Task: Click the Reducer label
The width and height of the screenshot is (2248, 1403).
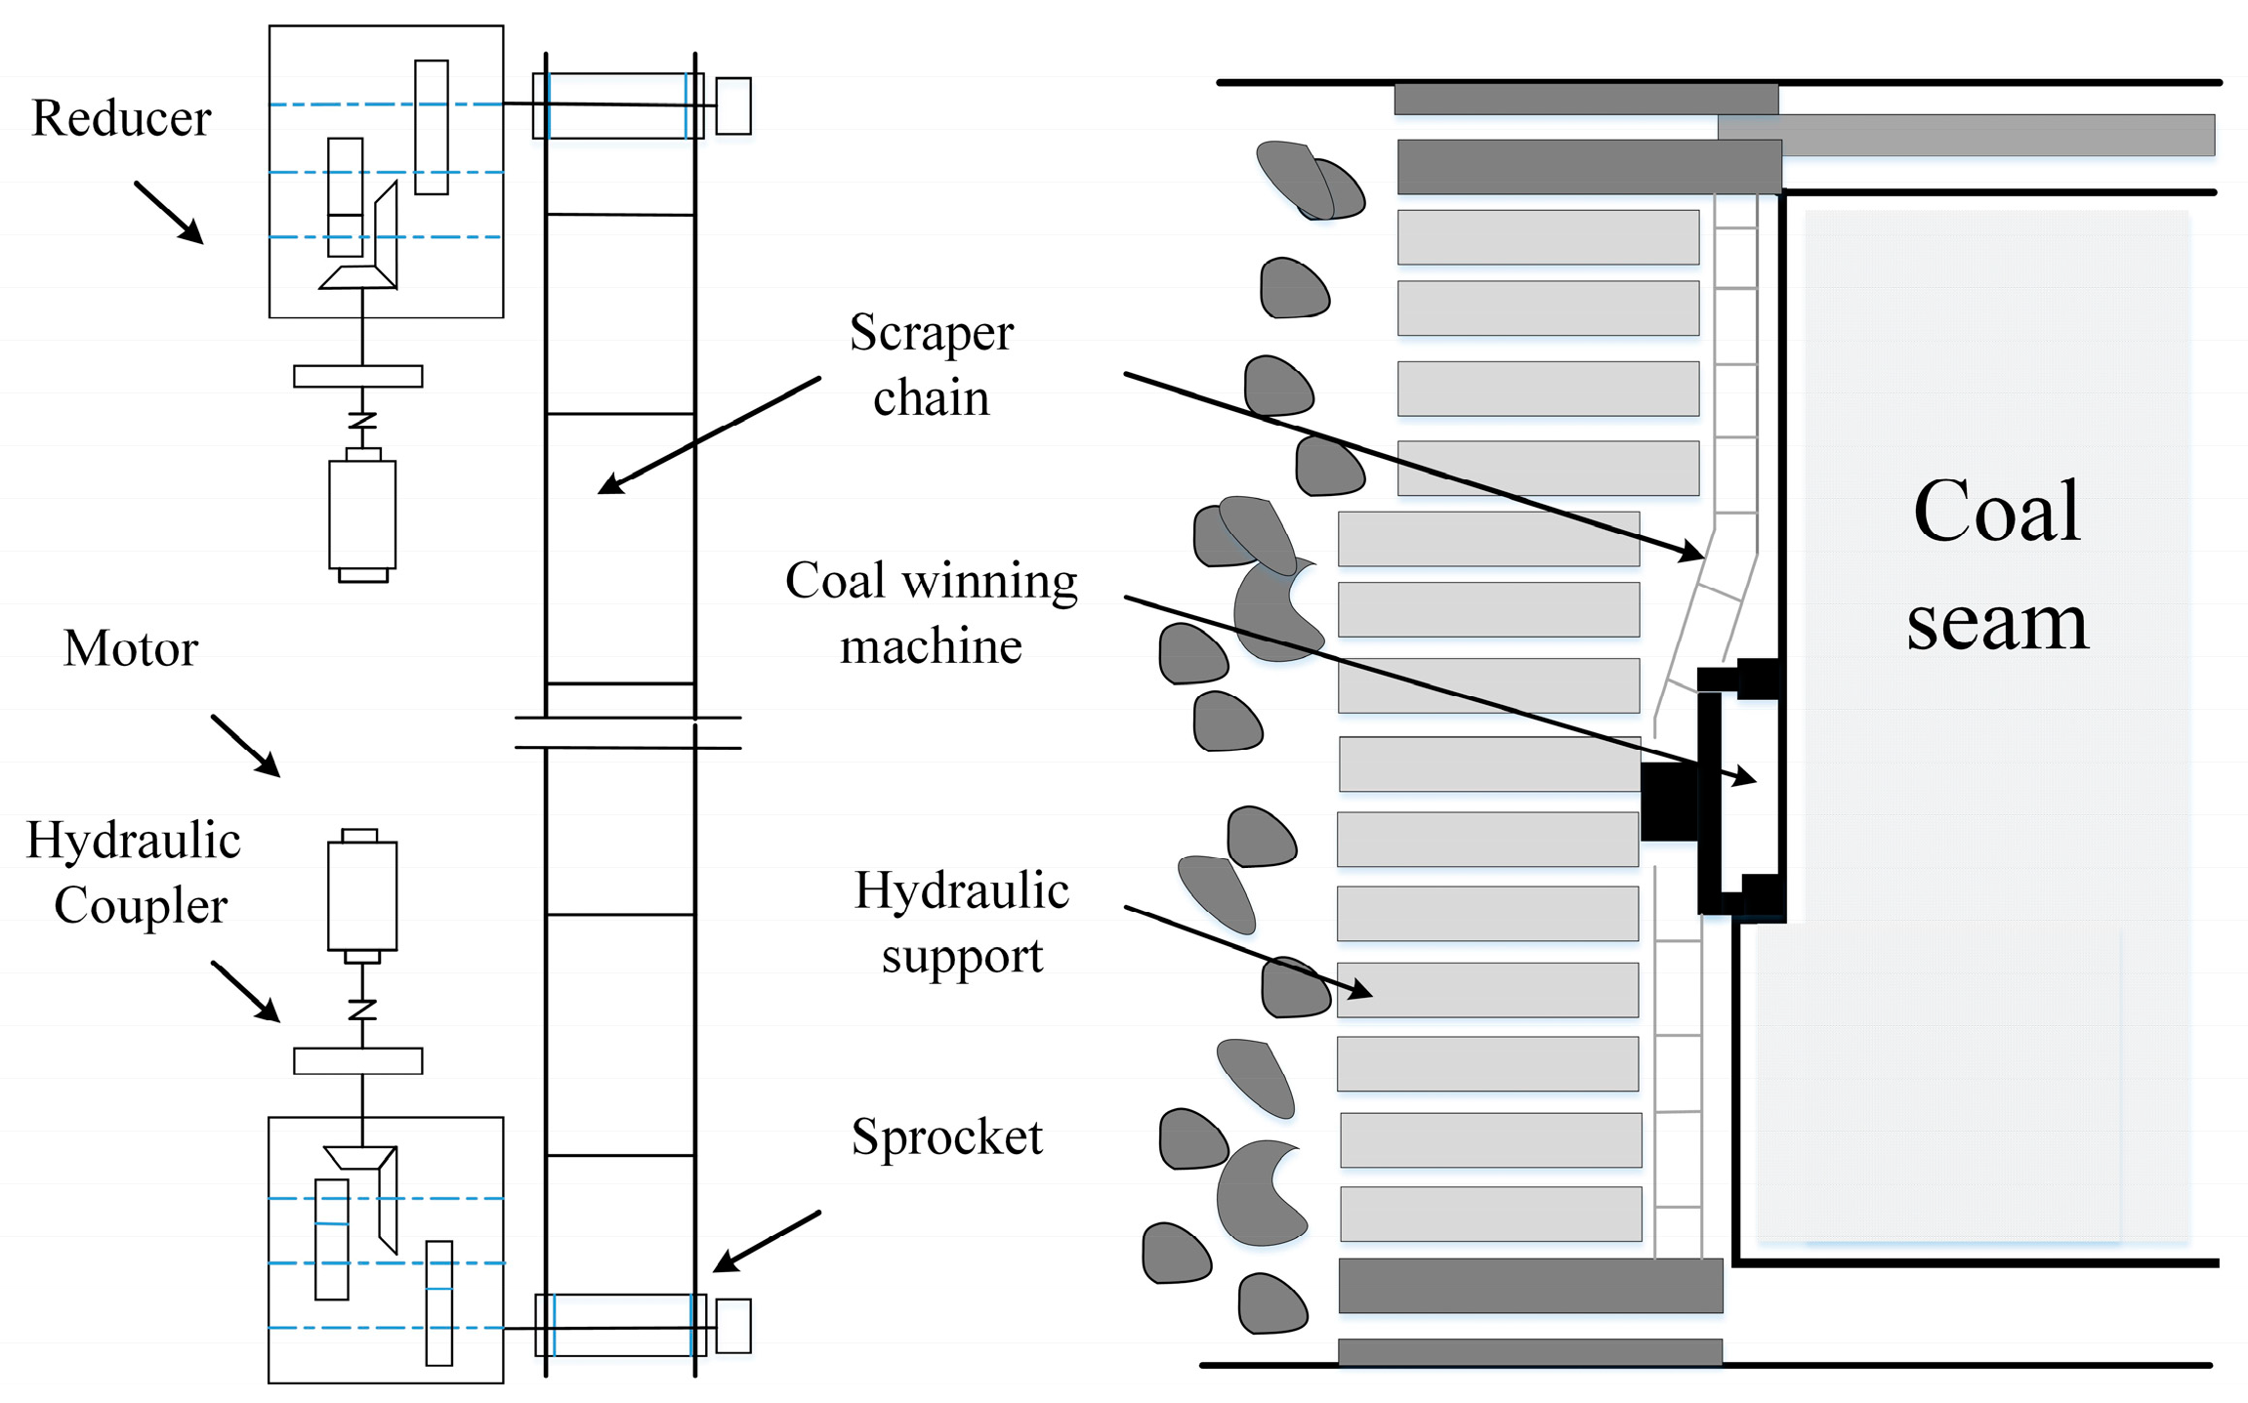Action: click(121, 119)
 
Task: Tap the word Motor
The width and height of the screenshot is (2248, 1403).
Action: click(130, 649)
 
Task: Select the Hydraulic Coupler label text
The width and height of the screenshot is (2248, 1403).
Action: click(135, 872)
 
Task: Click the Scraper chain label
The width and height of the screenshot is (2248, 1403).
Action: click(931, 364)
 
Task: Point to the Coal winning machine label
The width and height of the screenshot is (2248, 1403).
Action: click(931, 612)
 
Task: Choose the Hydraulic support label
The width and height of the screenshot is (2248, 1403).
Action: click(961, 922)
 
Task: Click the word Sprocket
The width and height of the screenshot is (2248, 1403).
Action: click(946, 1136)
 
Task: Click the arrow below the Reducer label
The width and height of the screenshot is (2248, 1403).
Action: click(169, 212)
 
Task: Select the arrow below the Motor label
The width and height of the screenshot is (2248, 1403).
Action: click(246, 746)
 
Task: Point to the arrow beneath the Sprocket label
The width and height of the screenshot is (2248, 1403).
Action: click(766, 1242)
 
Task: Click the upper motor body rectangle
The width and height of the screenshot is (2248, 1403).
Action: click(362, 515)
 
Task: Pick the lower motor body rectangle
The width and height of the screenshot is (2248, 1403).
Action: click(362, 895)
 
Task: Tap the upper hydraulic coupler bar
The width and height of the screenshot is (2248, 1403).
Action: click(358, 376)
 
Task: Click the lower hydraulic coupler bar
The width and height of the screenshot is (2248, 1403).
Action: click(358, 1060)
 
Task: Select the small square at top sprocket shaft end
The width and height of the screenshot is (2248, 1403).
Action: click(733, 105)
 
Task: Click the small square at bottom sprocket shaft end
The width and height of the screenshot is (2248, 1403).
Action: click(733, 1326)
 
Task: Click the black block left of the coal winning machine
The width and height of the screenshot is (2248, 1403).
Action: click(1669, 802)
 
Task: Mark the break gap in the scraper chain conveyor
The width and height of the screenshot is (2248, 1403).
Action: click(627, 732)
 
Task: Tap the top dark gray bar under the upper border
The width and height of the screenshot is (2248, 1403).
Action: click(1585, 100)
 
